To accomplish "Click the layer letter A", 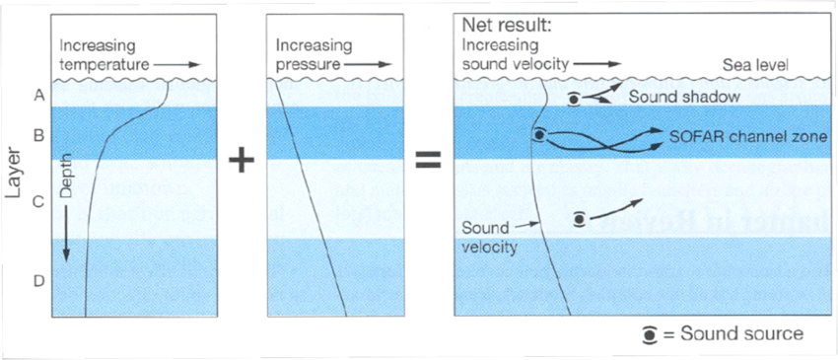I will [38, 96].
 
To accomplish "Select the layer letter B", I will [38, 135].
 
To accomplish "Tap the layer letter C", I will [38, 203].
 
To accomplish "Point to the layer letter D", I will [38, 281].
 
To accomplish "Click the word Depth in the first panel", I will [66, 203].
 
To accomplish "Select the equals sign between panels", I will [427, 161].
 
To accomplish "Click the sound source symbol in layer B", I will [538, 135].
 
